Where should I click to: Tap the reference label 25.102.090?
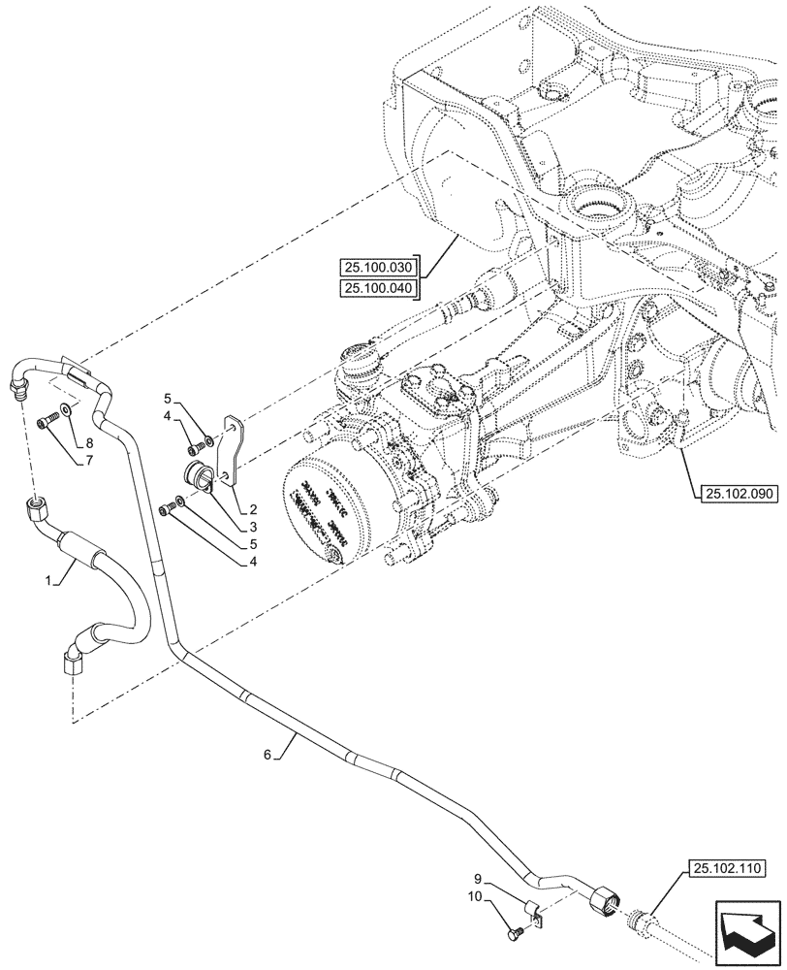tap(736, 493)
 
